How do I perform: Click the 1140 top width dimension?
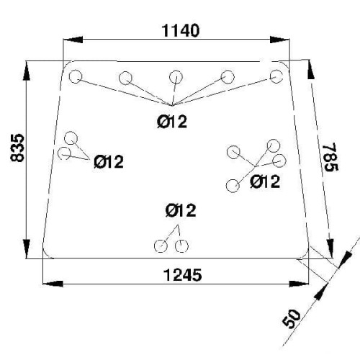181,31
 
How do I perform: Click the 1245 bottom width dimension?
183,275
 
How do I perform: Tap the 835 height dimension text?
18,148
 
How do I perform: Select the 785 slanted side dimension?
331,157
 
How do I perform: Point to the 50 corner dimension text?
292,319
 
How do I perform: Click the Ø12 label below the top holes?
172,122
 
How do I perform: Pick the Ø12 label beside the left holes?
109,161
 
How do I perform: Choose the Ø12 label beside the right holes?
265,181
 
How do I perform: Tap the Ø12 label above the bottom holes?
181,210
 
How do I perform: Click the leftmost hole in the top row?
76,76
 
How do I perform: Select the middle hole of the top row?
176,77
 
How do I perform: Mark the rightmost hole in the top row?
276,76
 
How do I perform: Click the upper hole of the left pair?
71,138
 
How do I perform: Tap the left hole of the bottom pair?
161,246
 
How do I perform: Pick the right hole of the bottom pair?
181,246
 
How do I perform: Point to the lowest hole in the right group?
233,186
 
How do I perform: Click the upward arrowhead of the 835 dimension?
27,71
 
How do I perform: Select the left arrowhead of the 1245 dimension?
53,284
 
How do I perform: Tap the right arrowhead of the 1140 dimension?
279,40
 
